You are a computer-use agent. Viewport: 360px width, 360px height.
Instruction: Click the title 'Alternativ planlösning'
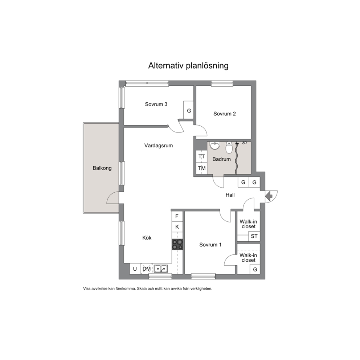[188, 66]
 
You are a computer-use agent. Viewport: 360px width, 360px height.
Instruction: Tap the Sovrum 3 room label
[156, 104]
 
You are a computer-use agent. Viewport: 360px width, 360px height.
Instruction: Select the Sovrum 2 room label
[225, 114]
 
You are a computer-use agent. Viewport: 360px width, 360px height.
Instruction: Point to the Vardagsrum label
[159, 146]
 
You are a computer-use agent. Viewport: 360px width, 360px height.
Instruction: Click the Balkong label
[102, 168]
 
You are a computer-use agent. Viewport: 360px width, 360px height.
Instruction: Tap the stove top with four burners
[177, 244]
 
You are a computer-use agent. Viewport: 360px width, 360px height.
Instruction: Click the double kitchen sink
[161, 269]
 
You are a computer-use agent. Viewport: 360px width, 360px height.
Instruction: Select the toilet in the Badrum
[229, 147]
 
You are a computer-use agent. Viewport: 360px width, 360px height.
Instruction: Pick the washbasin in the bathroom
[215, 146]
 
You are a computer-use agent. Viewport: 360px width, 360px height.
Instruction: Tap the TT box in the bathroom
[201, 156]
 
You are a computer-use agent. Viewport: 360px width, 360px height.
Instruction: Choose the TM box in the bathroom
[201, 168]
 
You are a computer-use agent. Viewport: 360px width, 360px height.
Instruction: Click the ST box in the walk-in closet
[254, 236]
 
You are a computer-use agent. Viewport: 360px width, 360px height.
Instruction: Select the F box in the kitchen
[177, 216]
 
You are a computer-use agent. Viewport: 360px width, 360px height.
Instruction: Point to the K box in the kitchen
[177, 227]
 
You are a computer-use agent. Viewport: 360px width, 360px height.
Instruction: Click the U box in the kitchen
[135, 269]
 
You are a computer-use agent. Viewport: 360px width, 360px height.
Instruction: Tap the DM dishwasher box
[147, 269]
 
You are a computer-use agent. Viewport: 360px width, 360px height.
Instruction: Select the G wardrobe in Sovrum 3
[189, 110]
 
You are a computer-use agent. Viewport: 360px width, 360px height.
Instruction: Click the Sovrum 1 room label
[210, 245]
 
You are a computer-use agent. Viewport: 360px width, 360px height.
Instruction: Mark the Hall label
[230, 195]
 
